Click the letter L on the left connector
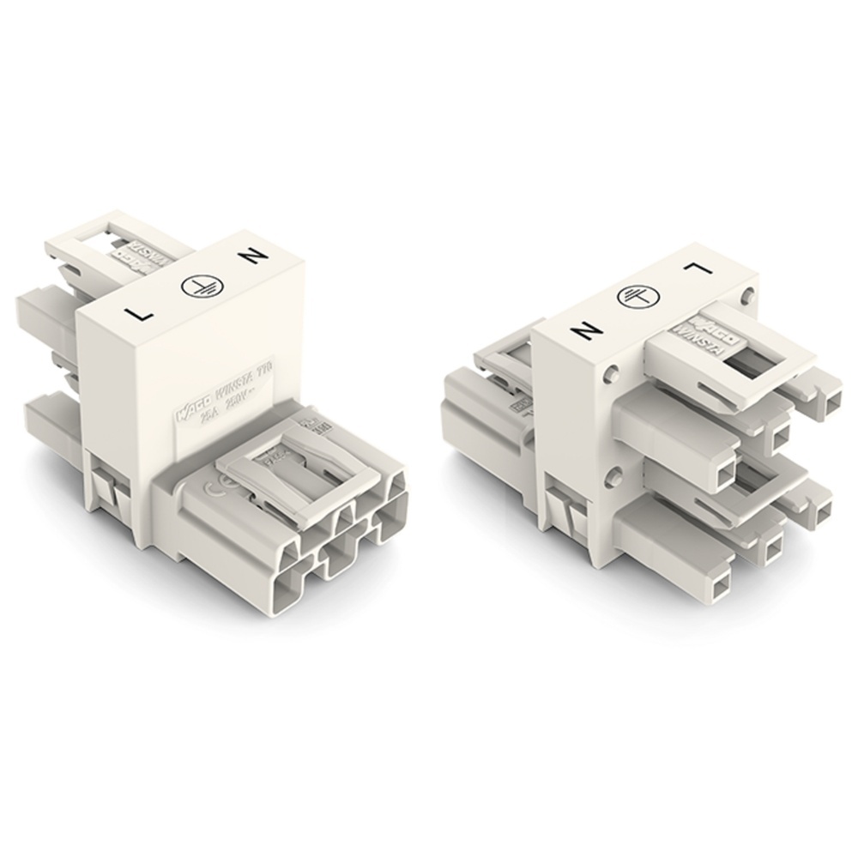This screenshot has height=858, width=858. pos(139,312)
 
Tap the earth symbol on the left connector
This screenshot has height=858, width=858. pos(196,290)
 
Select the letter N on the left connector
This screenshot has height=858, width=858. pos(255,258)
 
